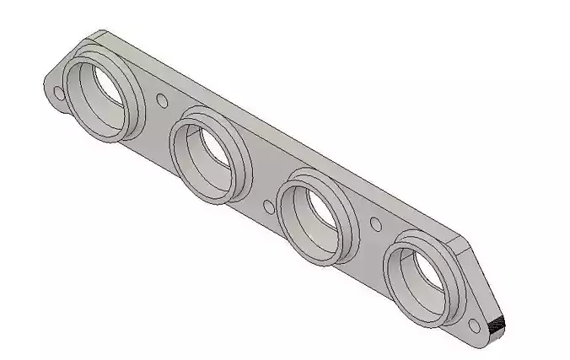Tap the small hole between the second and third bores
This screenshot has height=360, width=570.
(x=268, y=204)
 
